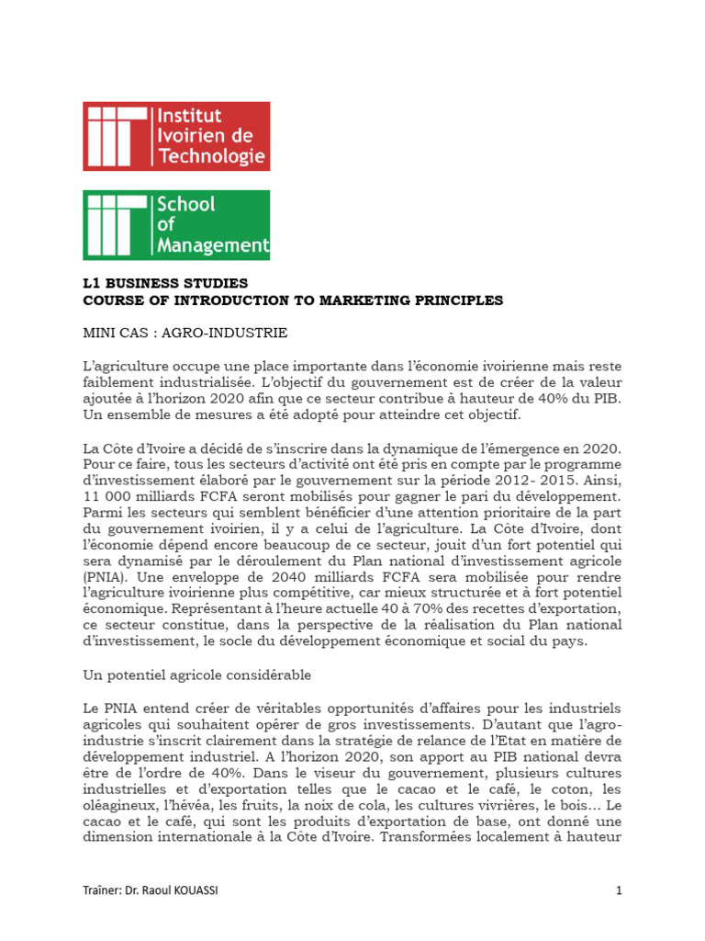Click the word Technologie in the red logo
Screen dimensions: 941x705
(x=212, y=156)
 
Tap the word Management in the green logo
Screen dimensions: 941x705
(x=214, y=245)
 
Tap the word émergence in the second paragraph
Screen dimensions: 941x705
(x=523, y=448)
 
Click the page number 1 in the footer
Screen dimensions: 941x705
(x=619, y=890)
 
